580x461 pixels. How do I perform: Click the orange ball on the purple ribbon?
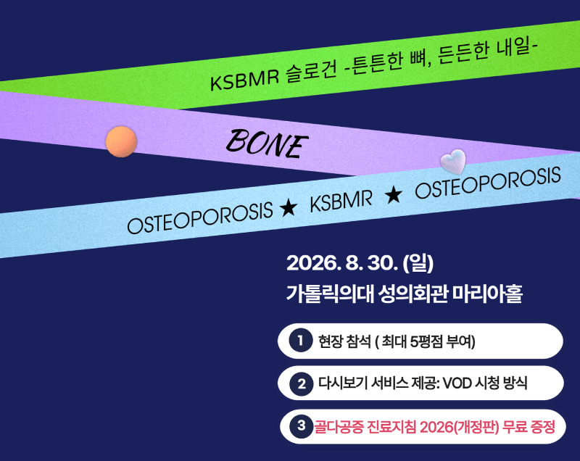[x=121, y=141]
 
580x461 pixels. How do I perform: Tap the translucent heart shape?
[x=453, y=161]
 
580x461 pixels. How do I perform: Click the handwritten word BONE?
[x=267, y=144]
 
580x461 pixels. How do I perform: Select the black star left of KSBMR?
[x=289, y=208]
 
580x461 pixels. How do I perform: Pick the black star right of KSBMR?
[x=393, y=194]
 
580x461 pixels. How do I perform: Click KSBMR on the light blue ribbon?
[x=341, y=202]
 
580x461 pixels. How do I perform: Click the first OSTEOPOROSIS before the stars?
[x=200, y=218]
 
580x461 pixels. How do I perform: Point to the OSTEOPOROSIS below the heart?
[x=488, y=183]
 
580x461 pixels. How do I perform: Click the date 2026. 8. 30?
[x=342, y=263]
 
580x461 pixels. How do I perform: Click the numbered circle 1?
[x=301, y=340]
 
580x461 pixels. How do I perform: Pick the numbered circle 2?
[x=302, y=383]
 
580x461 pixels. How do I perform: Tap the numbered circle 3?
[x=302, y=426]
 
